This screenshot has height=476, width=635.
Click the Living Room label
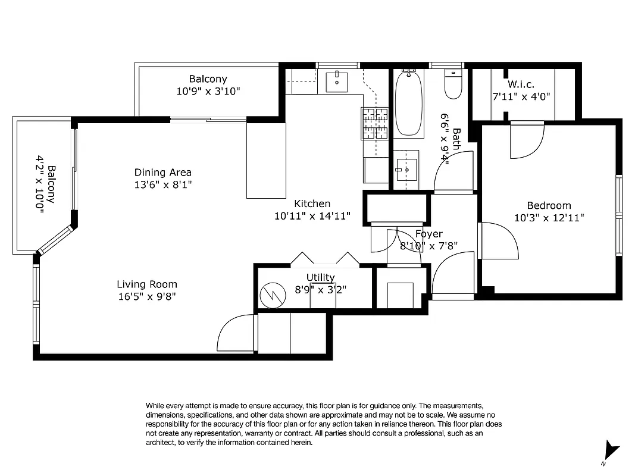(146, 284)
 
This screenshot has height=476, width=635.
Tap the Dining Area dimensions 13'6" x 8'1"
(162, 185)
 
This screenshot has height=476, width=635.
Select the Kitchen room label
(312, 203)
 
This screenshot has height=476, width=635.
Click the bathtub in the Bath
(409, 104)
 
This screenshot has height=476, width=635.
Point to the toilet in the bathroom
(453, 86)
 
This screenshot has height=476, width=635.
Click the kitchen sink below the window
(337, 82)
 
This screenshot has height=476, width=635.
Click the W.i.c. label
(521, 84)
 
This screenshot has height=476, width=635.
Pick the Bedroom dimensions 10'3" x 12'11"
(549, 218)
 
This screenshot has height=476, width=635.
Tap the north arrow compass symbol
(611, 451)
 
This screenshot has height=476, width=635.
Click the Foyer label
(428, 234)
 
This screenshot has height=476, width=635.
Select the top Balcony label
(208, 79)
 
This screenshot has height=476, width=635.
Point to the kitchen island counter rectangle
(266, 161)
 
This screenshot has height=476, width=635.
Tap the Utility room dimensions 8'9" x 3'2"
(320, 290)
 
